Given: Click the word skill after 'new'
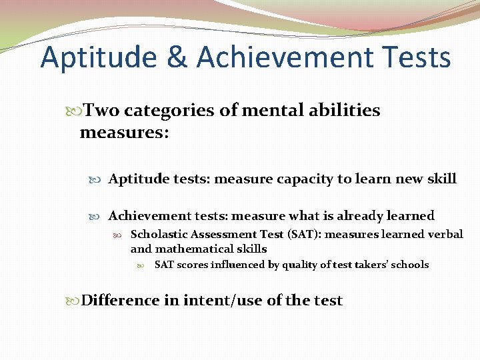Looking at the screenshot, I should click(x=441, y=179).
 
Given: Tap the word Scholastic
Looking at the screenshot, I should click(x=159, y=234).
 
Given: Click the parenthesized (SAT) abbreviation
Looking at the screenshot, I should click(x=287, y=234).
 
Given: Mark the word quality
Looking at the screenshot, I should click(x=300, y=265).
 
